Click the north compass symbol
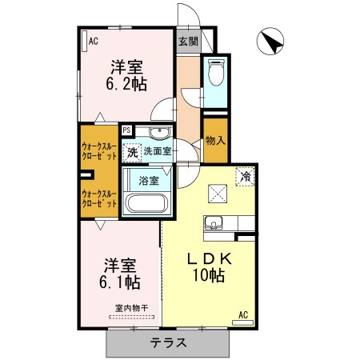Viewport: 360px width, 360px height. [x=270, y=42]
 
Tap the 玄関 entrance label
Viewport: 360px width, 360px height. [x=188, y=42]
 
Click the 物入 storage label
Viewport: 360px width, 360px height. [x=215, y=140]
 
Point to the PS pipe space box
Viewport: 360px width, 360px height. [x=127, y=130]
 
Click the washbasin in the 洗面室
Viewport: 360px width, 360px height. [x=159, y=133]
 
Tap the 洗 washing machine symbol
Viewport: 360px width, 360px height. [x=132, y=153]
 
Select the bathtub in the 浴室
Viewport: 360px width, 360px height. [x=146, y=203]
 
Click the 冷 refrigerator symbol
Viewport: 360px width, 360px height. [x=245, y=176]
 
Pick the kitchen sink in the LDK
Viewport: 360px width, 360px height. [x=213, y=223]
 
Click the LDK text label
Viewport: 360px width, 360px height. [x=210, y=258]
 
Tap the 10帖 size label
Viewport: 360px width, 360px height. [x=209, y=275]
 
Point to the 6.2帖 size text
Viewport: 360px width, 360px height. [x=126, y=84]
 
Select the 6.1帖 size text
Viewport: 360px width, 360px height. [x=120, y=282]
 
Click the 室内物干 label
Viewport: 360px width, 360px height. [x=131, y=308]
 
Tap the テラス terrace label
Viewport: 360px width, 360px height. [x=168, y=342]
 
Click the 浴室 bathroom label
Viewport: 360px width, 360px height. [x=149, y=181]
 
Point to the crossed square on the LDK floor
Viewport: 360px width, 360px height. [x=218, y=194]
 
